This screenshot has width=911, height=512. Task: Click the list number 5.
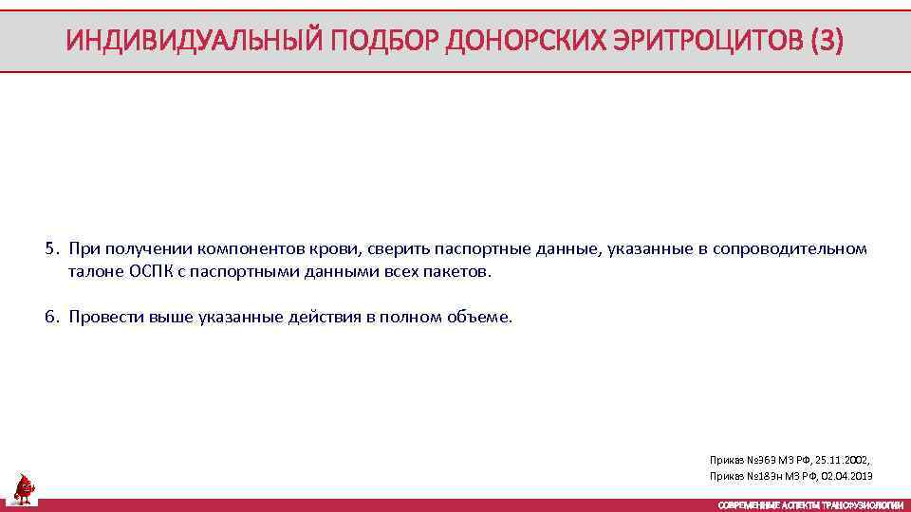[49, 249]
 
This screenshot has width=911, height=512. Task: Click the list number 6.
[49, 318]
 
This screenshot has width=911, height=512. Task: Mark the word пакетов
[462, 272]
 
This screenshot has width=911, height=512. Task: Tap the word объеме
[478, 318]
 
